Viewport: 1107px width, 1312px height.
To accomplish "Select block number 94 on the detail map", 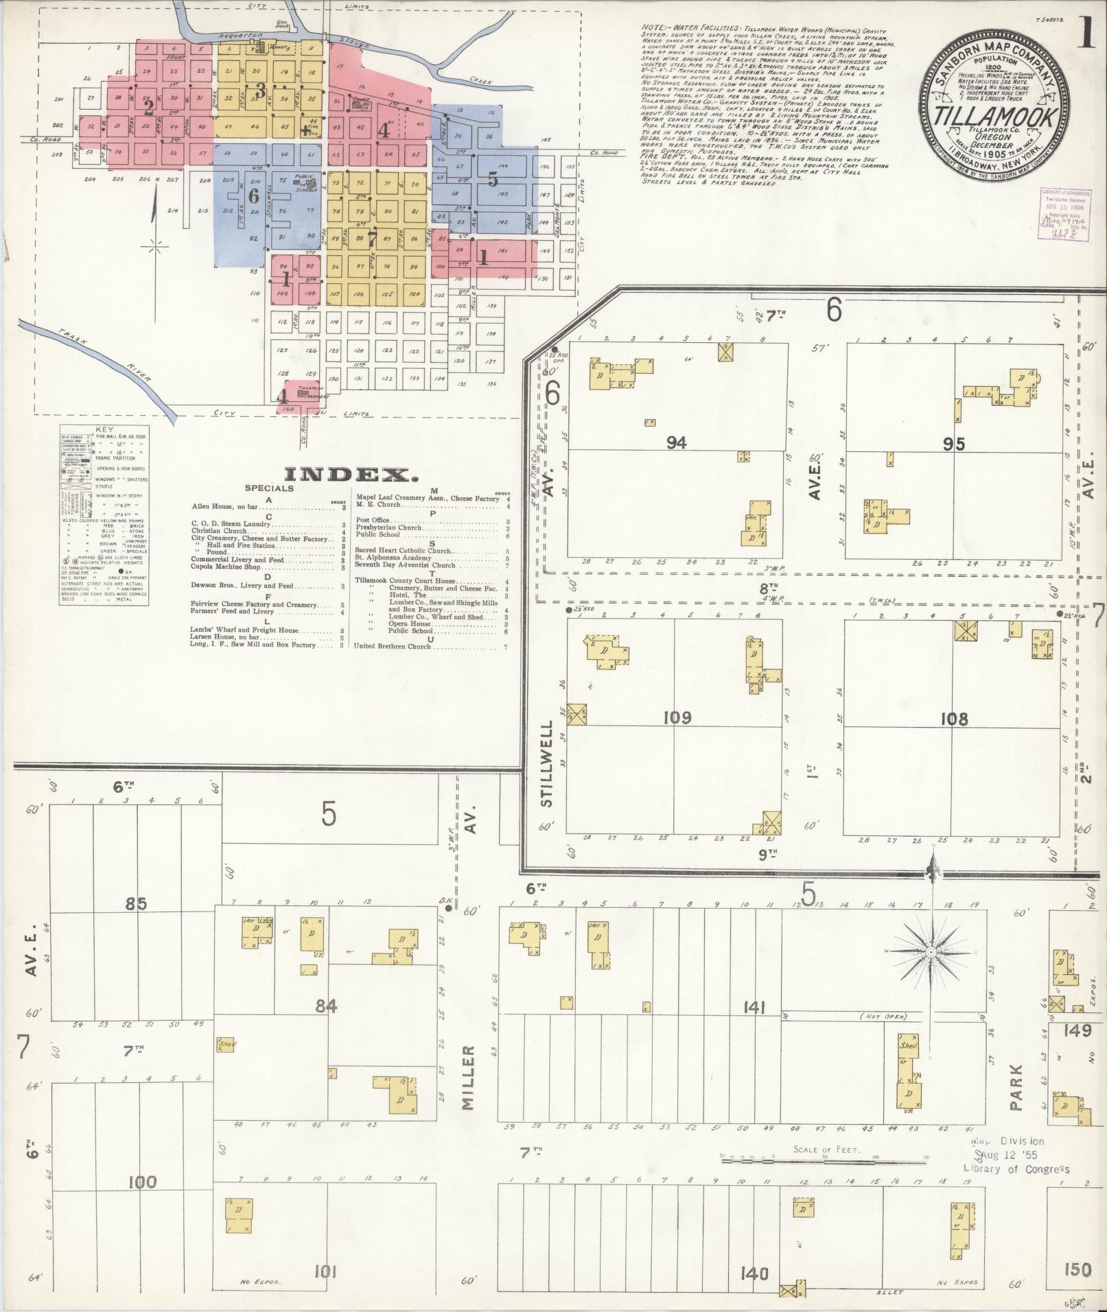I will point(677,442).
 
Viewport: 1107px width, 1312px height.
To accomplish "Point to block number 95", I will point(954,444).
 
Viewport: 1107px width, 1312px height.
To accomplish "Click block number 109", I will point(677,718).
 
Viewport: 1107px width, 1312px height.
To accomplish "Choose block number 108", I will point(954,719).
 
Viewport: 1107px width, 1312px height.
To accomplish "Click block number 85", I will point(136,904).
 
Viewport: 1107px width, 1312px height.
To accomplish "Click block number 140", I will point(754,1274).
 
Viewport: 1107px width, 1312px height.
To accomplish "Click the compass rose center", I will point(930,953).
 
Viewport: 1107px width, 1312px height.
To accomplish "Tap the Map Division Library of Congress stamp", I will point(1016,1155).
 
